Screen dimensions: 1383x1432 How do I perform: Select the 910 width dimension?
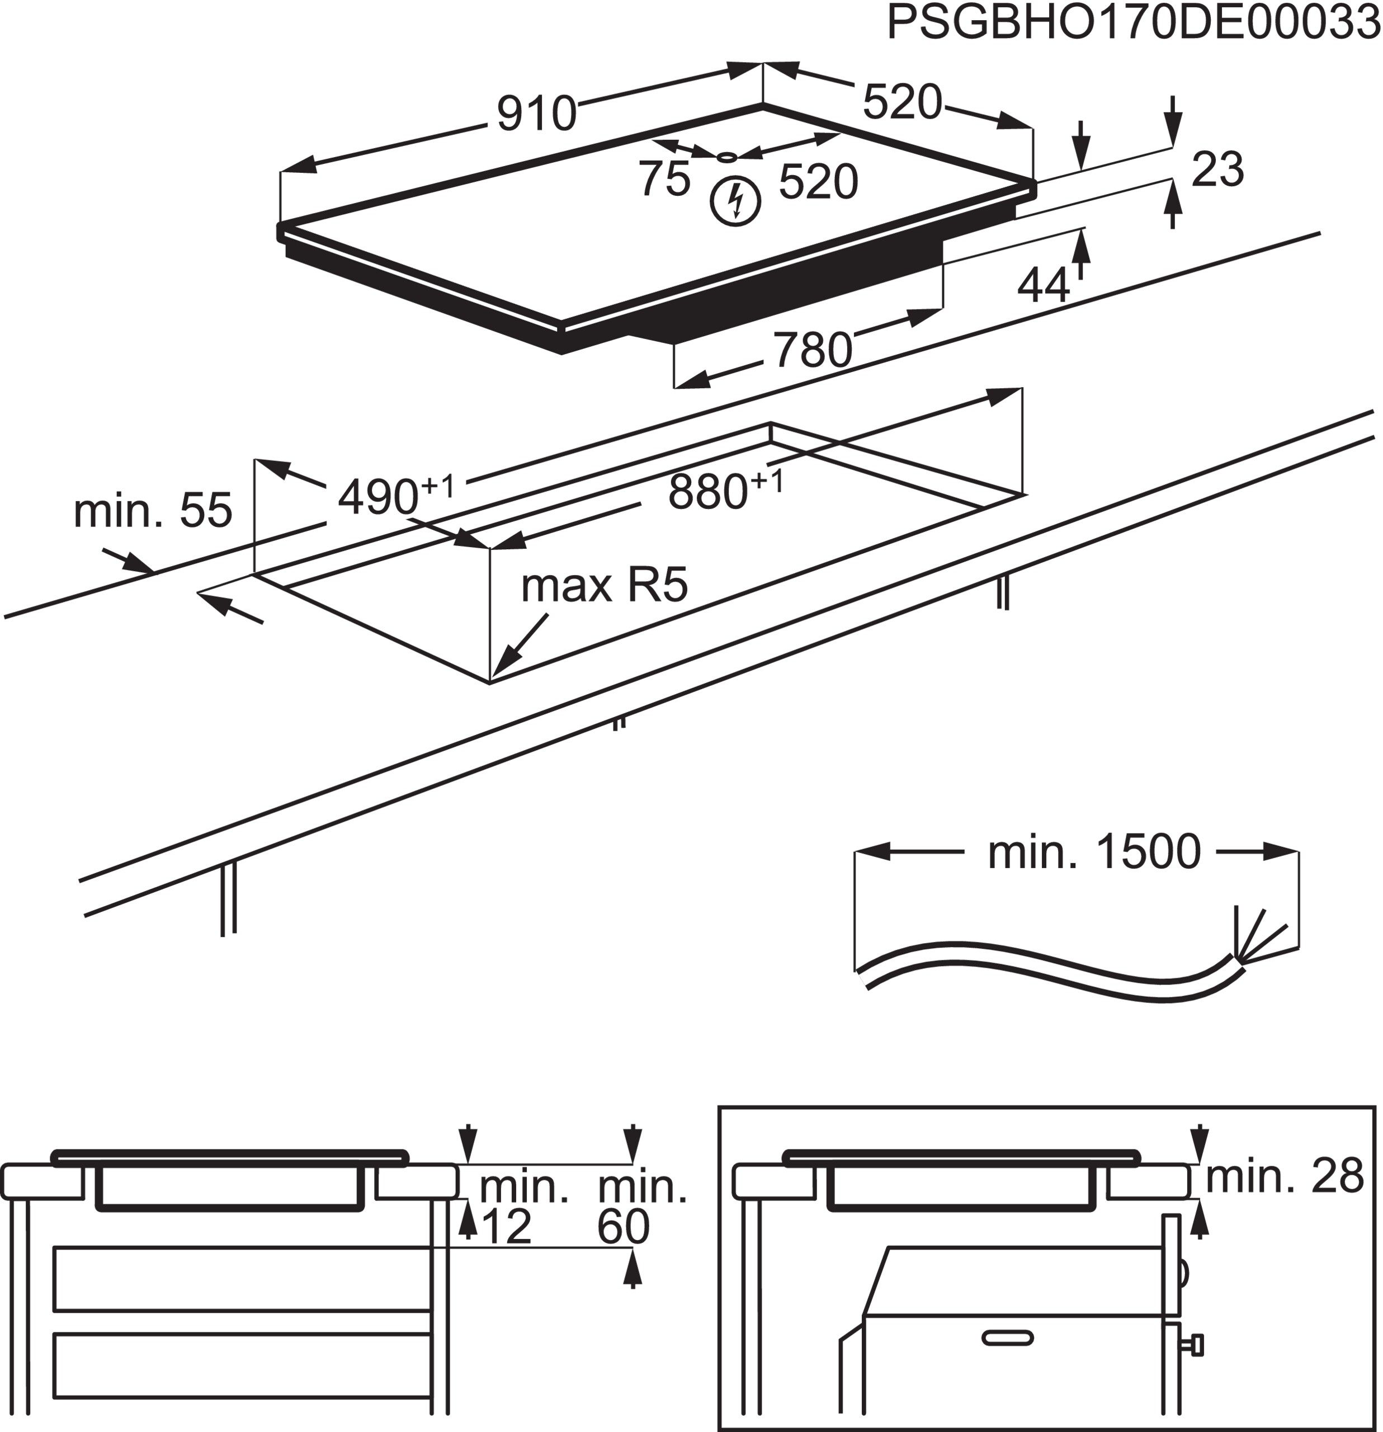pos(537,114)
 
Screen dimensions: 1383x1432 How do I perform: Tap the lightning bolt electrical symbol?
pos(736,201)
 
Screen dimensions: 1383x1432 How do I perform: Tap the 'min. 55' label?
pos(153,510)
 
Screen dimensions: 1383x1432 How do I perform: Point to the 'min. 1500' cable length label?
pos(1094,852)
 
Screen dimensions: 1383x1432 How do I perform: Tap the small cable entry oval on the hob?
pos(725,157)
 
